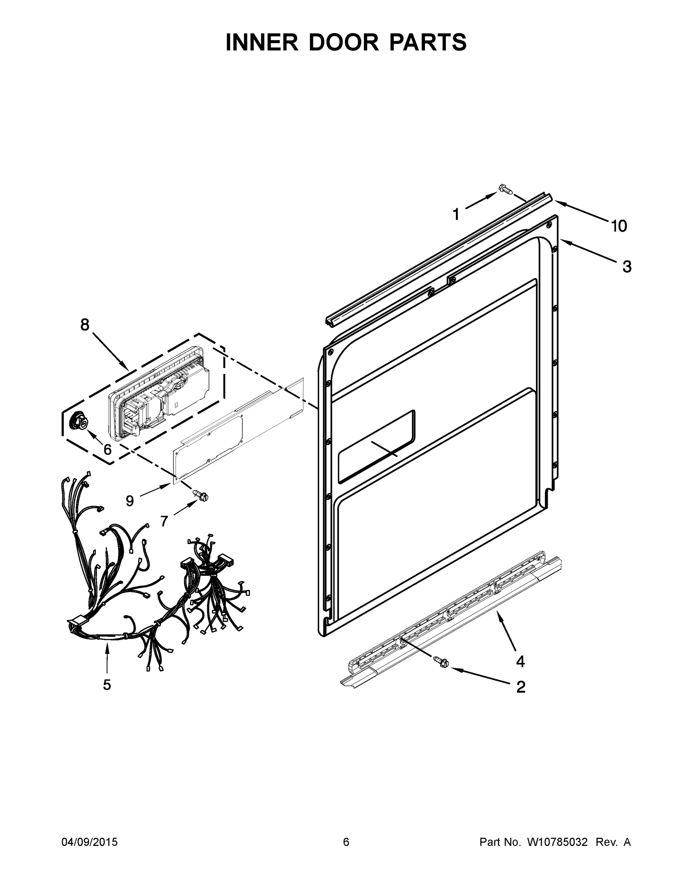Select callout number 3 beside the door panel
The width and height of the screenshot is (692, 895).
(627, 267)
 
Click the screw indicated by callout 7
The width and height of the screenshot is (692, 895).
(201, 496)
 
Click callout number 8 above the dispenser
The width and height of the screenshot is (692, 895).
(84, 325)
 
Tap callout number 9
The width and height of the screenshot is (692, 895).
(129, 501)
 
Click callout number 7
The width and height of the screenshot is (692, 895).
(164, 521)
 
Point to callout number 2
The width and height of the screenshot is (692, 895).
(521, 687)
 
